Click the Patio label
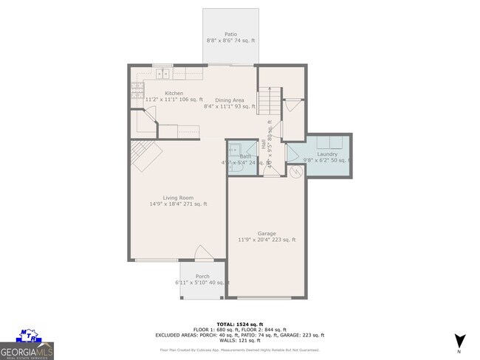[230, 33]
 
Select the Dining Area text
[229, 100]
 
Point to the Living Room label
[178, 197]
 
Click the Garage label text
[266, 232]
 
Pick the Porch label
[202, 276]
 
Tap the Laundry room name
[327, 153]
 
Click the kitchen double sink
[162, 73]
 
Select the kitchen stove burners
[137, 90]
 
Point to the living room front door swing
[203, 254]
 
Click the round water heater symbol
[296, 173]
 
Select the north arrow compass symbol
[460, 341]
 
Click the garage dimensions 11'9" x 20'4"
[266, 240]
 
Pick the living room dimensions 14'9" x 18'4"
[178, 204]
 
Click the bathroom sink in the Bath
[233, 148]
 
